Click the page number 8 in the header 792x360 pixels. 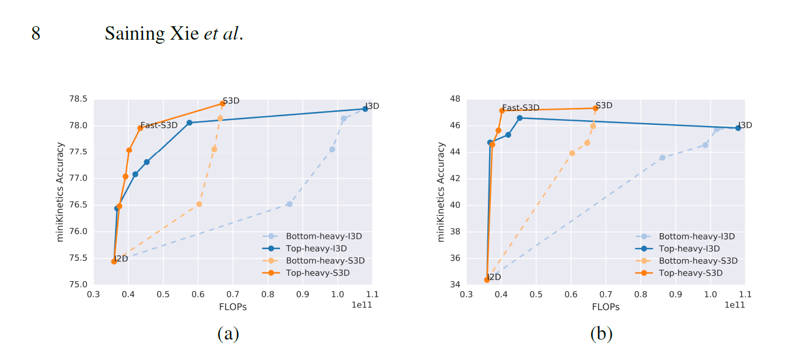click(36, 34)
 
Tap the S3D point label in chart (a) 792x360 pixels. click(231, 100)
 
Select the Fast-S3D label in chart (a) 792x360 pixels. click(159, 125)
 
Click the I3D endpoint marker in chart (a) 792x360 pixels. click(365, 109)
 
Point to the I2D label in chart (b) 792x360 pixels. click(494, 277)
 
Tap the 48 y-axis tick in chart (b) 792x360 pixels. click(454, 99)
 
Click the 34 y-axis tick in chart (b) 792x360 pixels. click(454, 285)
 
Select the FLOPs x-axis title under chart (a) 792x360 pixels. click(233, 307)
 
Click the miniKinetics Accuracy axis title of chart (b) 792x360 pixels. click(441, 192)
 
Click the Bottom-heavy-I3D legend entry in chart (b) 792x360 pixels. click(696, 236)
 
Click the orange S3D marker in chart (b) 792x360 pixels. click(595, 108)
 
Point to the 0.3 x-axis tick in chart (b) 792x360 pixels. click(466, 295)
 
